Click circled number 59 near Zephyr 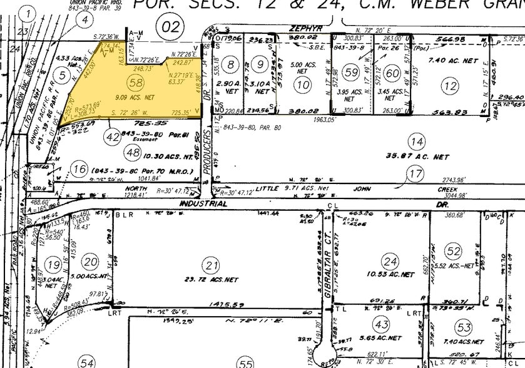pos(352,73)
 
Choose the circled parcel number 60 pos(392,73)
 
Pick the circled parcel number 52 pos(453,251)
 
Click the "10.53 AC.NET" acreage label pos(392,274)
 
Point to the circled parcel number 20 pos(92,262)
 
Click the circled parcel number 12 pos(449,86)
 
